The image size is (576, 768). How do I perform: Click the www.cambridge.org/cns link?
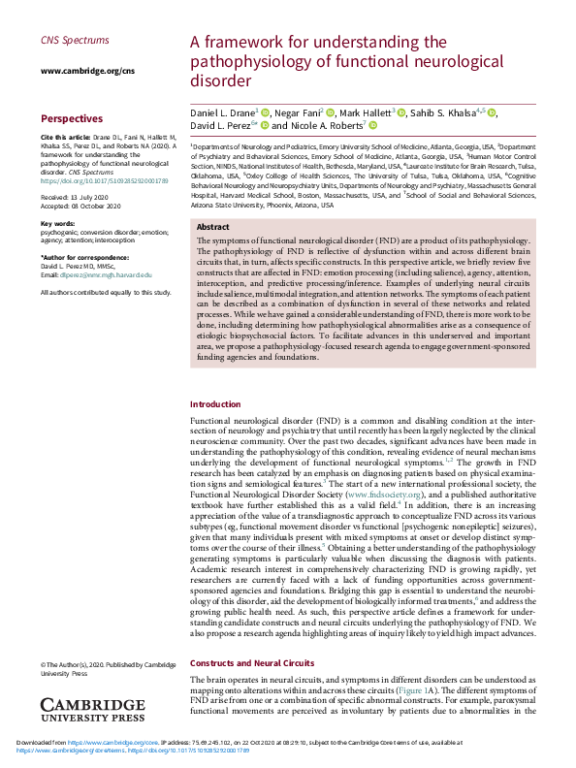point(74,71)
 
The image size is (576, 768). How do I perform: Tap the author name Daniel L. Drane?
point(221,112)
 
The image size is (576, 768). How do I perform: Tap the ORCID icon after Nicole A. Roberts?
point(372,126)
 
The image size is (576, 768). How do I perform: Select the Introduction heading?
point(215,432)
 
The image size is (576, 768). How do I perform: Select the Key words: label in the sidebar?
point(58,224)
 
